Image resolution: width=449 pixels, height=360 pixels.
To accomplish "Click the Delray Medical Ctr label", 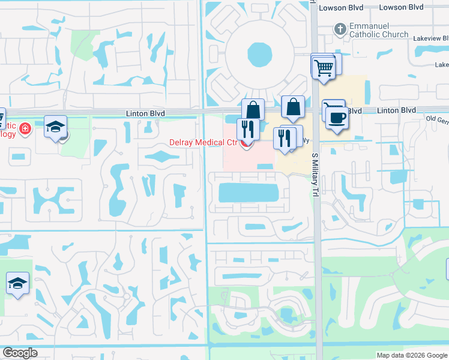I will [203, 142].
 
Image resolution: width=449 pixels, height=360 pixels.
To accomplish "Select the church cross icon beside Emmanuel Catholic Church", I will [340, 29].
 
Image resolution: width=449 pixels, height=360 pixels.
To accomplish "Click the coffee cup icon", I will [337, 117].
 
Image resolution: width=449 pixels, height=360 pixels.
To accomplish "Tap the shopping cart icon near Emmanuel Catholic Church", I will [324, 67].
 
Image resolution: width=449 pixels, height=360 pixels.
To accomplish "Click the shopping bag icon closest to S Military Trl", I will [294, 107].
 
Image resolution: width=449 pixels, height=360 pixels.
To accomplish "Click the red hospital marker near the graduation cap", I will [25, 128].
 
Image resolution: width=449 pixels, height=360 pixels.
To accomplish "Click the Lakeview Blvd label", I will [428, 37].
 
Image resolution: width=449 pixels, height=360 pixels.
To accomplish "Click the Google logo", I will [19, 353].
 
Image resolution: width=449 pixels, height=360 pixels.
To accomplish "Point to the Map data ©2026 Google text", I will [411, 355].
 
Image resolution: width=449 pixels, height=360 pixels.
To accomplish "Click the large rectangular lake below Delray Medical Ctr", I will [249, 193].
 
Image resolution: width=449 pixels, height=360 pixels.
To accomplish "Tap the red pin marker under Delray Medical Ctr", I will [245, 143].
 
